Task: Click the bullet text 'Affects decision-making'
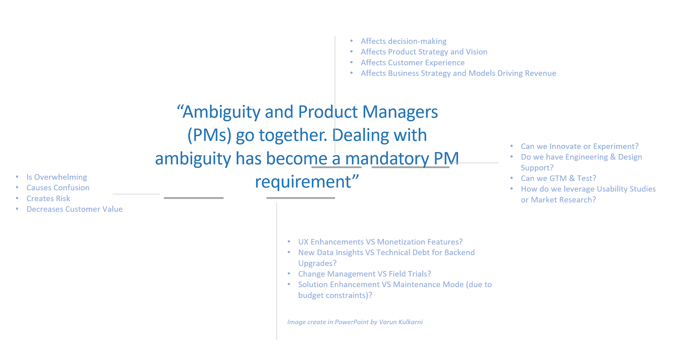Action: (403, 41)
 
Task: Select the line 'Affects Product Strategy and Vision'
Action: (424, 52)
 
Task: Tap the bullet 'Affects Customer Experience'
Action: (412, 63)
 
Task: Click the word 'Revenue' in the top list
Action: (540, 73)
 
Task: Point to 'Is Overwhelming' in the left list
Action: (57, 177)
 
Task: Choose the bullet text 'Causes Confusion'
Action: (58, 188)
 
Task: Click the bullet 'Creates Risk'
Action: (48, 198)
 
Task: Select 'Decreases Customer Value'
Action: (74, 209)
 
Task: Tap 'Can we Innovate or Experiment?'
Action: (580, 146)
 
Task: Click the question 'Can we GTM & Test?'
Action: (558, 178)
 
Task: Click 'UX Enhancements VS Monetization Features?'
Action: (380, 242)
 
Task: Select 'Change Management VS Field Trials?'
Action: (364, 274)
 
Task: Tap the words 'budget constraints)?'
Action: (335, 295)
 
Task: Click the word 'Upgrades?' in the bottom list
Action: (317, 263)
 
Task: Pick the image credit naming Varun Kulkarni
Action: (355, 322)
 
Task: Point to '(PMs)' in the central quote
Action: (209, 135)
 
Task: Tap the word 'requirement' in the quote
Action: (303, 182)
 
